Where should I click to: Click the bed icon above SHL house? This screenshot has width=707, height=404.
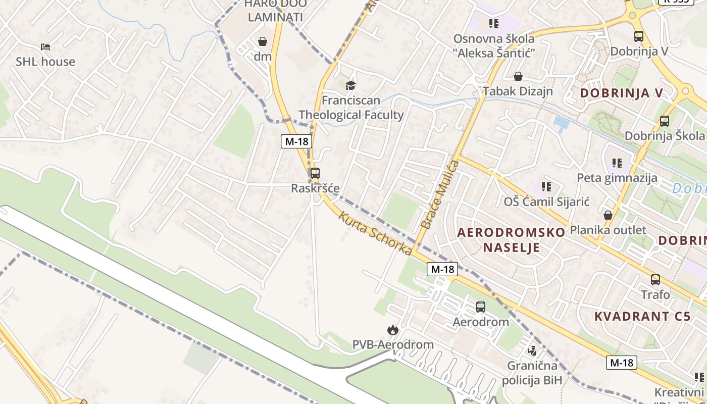[x=45, y=47]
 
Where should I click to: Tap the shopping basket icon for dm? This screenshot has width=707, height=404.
[x=263, y=41]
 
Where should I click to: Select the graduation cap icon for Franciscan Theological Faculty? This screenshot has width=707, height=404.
[x=350, y=85]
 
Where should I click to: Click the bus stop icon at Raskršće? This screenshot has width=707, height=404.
[x=315, y=173]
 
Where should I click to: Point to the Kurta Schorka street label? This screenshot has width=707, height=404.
[x=375, y=233]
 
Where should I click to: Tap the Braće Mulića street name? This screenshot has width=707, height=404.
[x=441, y=194]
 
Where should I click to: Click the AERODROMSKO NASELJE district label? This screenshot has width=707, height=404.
[x=511, y=240]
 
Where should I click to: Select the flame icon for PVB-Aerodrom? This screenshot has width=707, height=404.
[x=392, y=330]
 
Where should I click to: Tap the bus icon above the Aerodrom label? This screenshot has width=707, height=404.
[x=481, y=307]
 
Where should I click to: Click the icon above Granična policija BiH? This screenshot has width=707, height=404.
[x=532, y=350]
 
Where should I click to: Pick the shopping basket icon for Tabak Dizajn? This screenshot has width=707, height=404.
[x=518, y=77]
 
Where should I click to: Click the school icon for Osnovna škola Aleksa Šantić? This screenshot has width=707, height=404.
[x=493, y=24]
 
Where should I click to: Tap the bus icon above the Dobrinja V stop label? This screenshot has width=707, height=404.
[x=639, y=36]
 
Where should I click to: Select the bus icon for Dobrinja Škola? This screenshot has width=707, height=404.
[x=664, y=121]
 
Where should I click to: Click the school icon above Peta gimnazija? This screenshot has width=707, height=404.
[x=617, y=163]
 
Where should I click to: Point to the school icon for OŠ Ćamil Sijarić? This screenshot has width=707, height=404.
[x=546, y=187]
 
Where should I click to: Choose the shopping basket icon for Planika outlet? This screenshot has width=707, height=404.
[x=608, y=215]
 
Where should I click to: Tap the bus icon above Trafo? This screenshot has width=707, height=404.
[x=655, y=280]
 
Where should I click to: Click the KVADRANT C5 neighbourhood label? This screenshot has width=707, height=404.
[x=642, y=317]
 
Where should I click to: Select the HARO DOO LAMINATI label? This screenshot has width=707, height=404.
[x=275, y=10]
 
